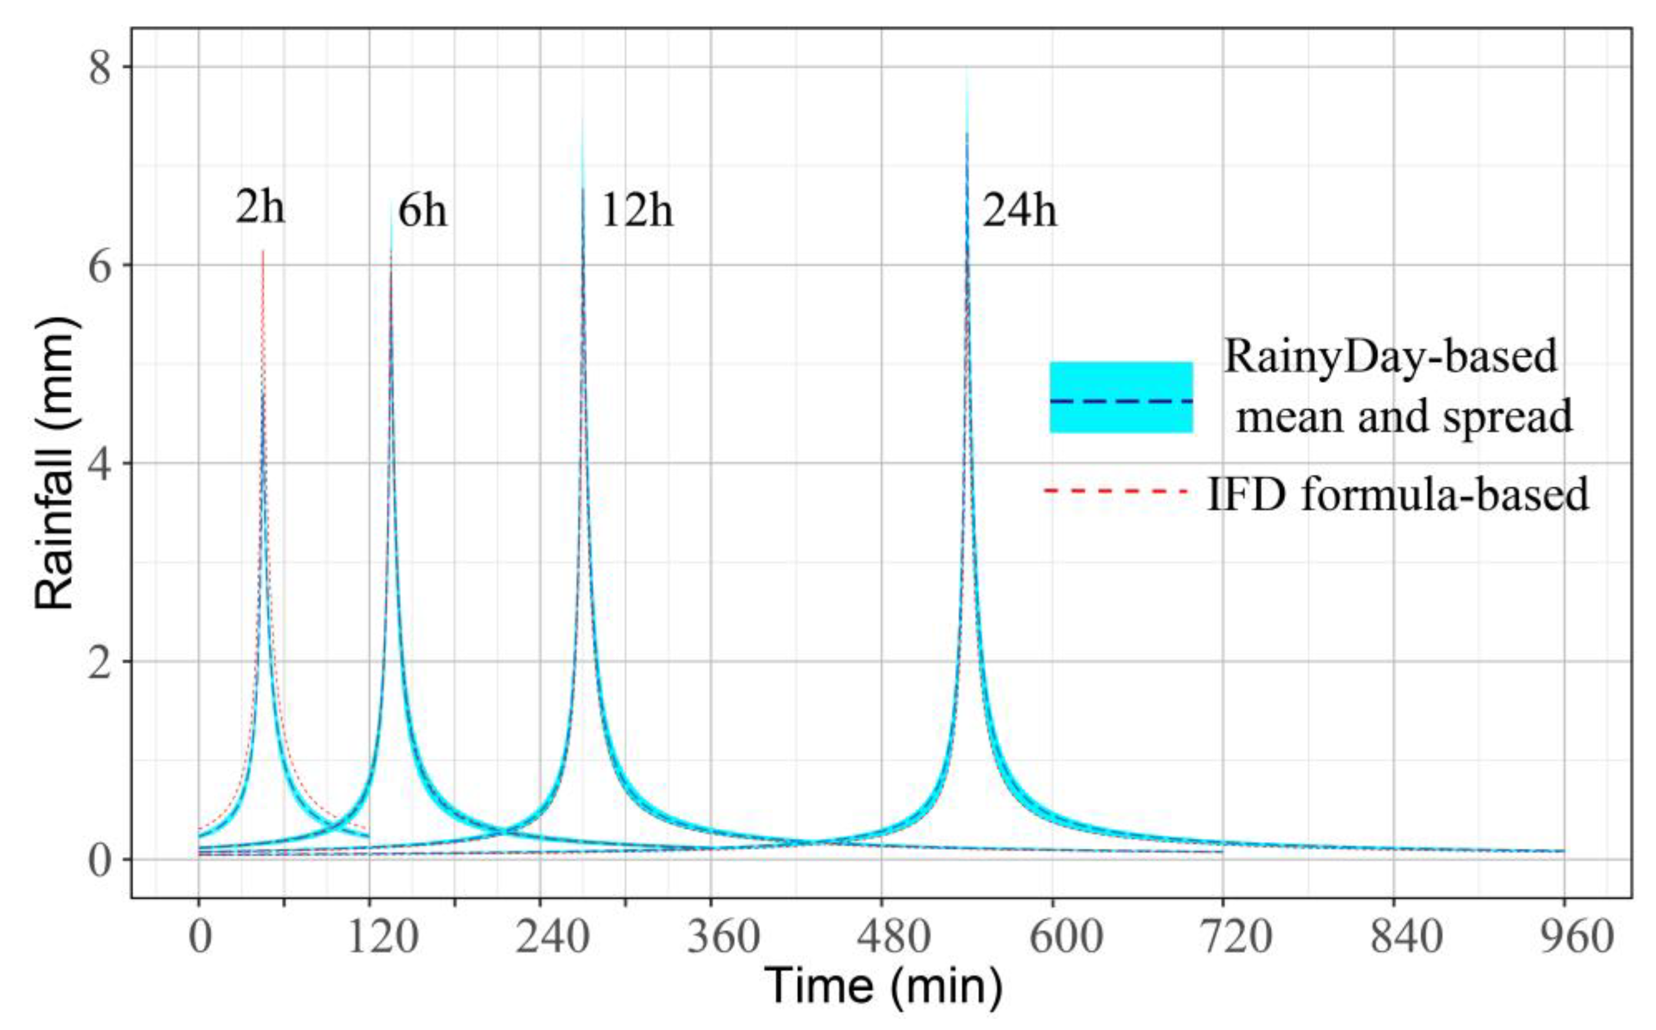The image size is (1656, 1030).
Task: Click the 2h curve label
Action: click(260, 206)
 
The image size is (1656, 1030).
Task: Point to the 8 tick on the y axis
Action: click(100, 67)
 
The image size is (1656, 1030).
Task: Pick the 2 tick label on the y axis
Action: click(100, 662)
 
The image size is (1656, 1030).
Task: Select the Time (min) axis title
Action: click(883, 986)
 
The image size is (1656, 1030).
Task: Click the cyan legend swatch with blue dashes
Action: click(1120, 398)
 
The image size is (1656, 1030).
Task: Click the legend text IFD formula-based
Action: click(1398, 494)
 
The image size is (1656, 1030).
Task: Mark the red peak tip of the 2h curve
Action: click(262, 252)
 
